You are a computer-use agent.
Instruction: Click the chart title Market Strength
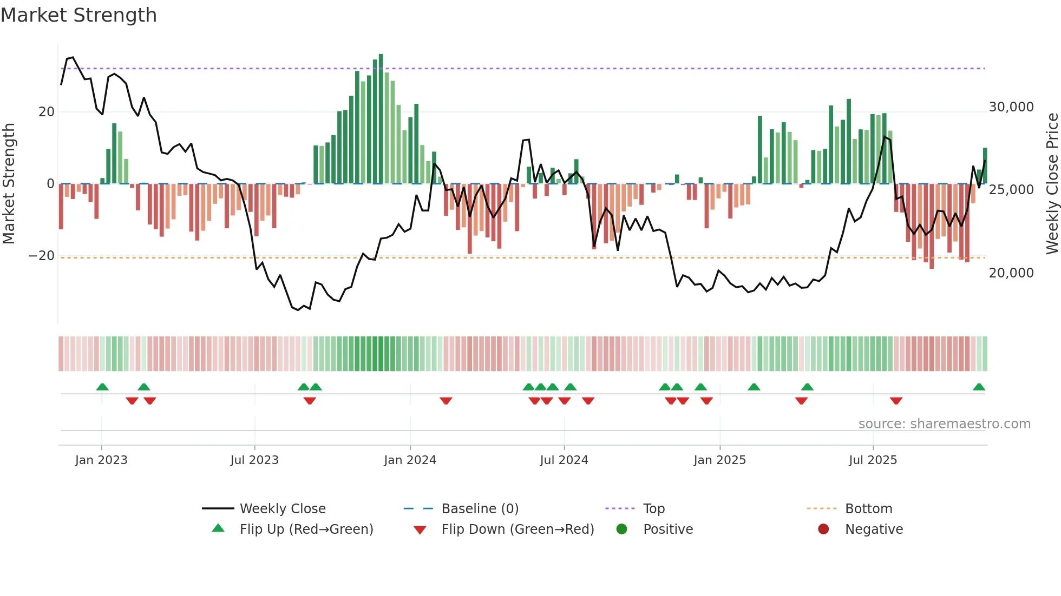pyautogui.click(x=78, y=15)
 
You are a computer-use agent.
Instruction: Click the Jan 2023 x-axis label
pyautogui.click(x=101, y=460)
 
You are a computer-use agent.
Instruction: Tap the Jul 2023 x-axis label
pyautogui.click(x=254, y=460)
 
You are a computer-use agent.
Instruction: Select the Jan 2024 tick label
pyautogui.click(x=410, y=460)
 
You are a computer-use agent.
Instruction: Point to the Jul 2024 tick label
pyautogui.click(x=564, y=460)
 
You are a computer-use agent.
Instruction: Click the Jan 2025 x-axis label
pyautogui.click(x=719, y=460)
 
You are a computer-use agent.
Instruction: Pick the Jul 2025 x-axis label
pyautogui.click(x=873, y=460)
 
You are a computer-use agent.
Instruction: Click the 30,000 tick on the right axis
pyautogui.click(x=1011, y=107)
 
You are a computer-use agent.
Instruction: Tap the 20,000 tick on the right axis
pyautogui.click(x=1011, y=273)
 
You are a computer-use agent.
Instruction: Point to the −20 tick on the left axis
pyautogui.click(x=42, y=256)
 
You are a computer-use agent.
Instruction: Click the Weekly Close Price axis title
pyautogui.click(x=1052, y=184)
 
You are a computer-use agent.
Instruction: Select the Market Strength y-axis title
pyautogui.click(x=9, y=184)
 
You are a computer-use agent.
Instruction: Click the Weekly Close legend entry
pyautogui.click(x=283, y=509)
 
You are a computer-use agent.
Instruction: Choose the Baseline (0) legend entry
pyautogui.click(x=480, y=509)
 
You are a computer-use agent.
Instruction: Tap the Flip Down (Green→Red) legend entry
pyautogui.click(x=518, y=529)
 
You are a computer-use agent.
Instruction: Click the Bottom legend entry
pyautogui.click(x=868, y=509)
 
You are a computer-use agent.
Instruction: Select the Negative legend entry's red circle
pyautogui.click(x=823, y=529)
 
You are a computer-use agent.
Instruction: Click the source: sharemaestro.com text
pyautogui.click(x=944, y=424)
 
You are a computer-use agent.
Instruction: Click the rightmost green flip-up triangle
pyautogui.click(x=979, y=387)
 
